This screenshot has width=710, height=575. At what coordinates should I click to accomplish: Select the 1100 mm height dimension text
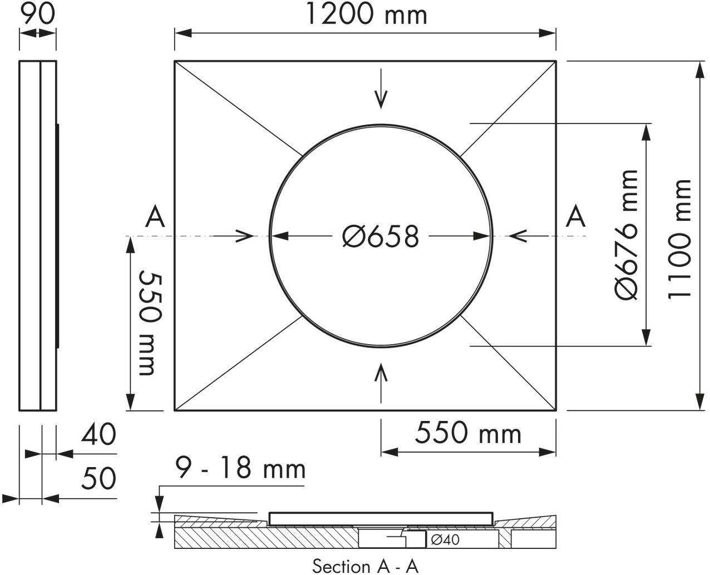coord(680,239)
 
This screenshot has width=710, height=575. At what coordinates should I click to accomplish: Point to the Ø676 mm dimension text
coord(627,235)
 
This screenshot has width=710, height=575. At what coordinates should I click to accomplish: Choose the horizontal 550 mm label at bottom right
coord(469,433)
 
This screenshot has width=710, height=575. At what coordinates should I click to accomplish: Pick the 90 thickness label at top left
coord(37,13)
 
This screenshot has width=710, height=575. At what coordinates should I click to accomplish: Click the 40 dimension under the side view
coord(98,434)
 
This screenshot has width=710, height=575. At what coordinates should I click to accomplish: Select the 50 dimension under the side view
coord(98,478)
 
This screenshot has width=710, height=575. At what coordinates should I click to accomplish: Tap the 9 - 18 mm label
coord(240,468)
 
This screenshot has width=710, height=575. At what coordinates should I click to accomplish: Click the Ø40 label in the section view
coord(445,539)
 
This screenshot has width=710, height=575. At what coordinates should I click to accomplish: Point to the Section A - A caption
coord(365,566)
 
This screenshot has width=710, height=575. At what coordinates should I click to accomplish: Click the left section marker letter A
coord(155,217)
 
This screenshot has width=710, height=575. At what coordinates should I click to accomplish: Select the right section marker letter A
coord(576,217)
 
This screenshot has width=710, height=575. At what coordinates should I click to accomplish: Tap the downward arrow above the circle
coord(381,89)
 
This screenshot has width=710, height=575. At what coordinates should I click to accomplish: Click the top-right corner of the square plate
coord(556,61)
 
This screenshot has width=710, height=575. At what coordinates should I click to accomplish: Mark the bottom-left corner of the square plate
coord(175,411)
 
